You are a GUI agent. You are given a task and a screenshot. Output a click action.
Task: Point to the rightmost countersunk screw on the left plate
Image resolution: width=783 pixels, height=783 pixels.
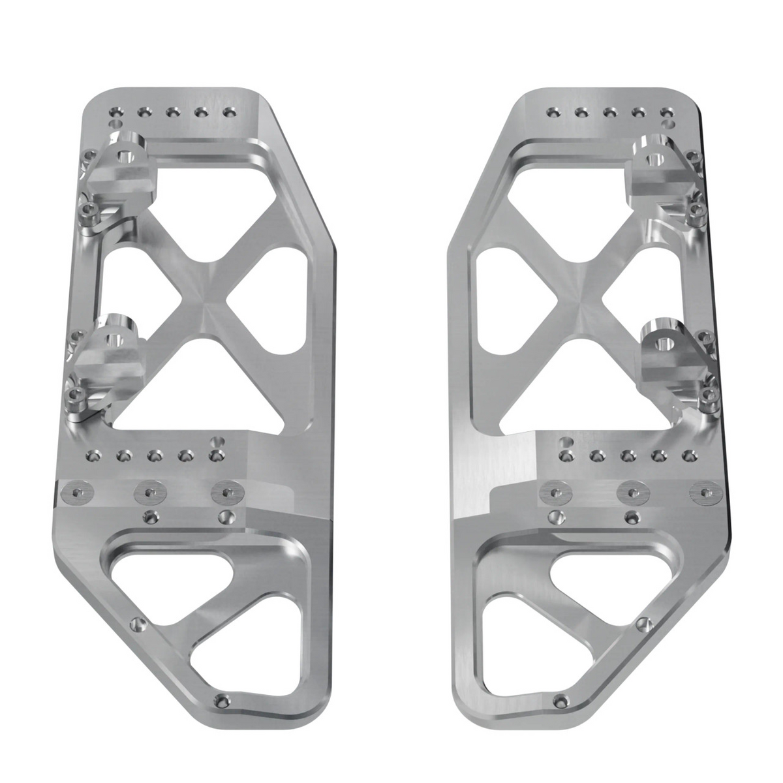(226, 492)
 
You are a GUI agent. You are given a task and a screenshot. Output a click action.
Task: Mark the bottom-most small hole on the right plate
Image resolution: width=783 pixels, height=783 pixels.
(559, 701)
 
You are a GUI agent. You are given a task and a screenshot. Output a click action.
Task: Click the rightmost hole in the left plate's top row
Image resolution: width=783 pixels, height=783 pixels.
(228, 114)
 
